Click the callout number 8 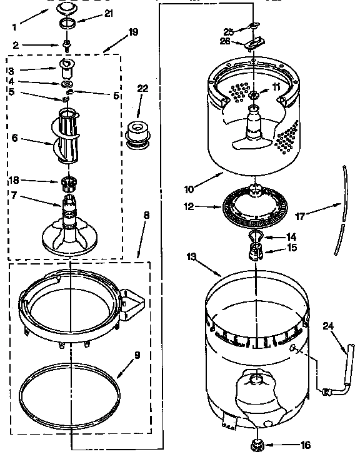click(x=146, y=216)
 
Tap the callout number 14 click(x=291, y=237)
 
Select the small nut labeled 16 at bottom click(x=256, y=445)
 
